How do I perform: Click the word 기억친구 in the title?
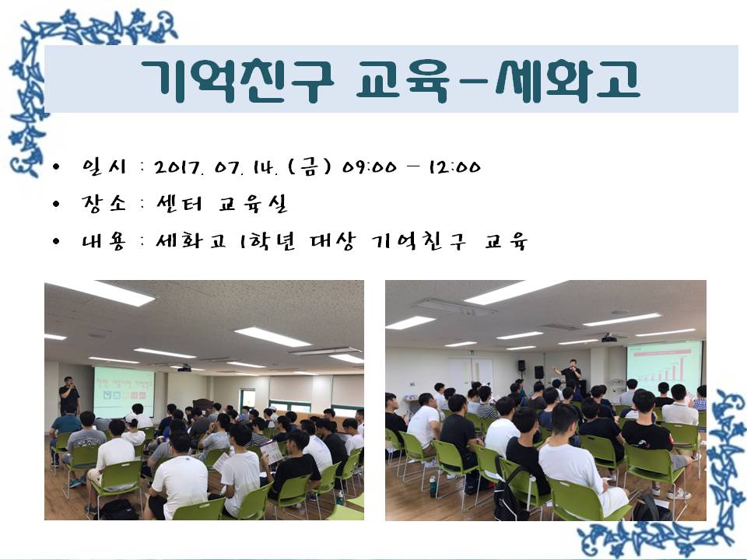pos(237,81)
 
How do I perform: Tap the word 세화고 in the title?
pos(567,81)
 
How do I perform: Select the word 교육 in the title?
pos(403,81)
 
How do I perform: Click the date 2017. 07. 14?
pos(216,166)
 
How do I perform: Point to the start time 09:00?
pos(369,167)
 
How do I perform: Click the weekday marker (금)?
pos(310,166)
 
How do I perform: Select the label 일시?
pos(103,166)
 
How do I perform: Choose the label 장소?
pos(103,204)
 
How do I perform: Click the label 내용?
pos(103,241)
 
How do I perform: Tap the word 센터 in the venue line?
pos(180,204)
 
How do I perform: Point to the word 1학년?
pos(267,241)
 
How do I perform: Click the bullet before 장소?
pos(56,205)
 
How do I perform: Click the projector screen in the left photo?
pos(124,391)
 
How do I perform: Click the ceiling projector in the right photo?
pos(608,338)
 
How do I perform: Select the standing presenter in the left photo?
pos(69,395)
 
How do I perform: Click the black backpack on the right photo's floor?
pos(509,490)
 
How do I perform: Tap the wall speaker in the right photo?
pos(521,366)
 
